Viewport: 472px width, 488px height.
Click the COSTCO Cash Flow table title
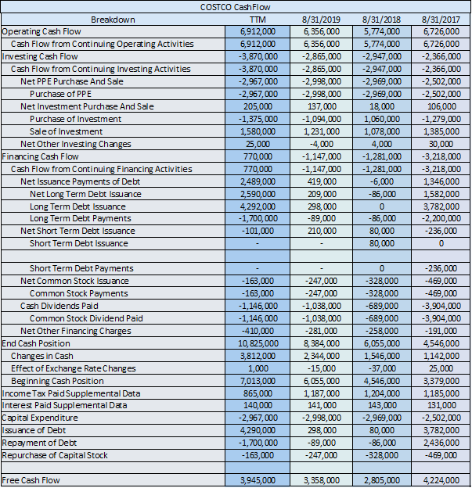pyautogui.click(x=236, y=7)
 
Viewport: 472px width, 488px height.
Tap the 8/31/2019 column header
pyautogui.click(x=320, y=19)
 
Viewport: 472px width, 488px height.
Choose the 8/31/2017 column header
pyautogui.click(x=441, y=19)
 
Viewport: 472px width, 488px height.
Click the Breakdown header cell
pyautogui.click(x=113, y=19)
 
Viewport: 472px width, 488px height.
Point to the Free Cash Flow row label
pyautogui.click(x=31, y=479)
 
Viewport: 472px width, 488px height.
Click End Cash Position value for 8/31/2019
pyautogui.click(x=320, y=343)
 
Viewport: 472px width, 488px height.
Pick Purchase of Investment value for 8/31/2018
pyautogui.click(x=381, y=119)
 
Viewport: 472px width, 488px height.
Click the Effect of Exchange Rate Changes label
pyautogui.click(x=74, y=368)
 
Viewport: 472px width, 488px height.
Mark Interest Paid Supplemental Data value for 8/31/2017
pyautogui.click(x=441, y=405)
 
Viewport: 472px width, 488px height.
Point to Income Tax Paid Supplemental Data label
pyautogui.click(x=71, y=393)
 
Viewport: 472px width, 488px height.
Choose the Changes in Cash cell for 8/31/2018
pyautogui.click(x=381, y=356)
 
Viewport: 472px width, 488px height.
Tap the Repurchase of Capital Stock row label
pyautogui.click(x=54, y=455)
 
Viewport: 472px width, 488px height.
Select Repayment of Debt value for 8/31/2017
pyautogui.click(x=441, y=443)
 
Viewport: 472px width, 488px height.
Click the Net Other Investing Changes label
pyautogui.click(x=76, y=144)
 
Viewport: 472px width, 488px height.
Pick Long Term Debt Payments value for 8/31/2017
pyautogui.click(x=441, y=218)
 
